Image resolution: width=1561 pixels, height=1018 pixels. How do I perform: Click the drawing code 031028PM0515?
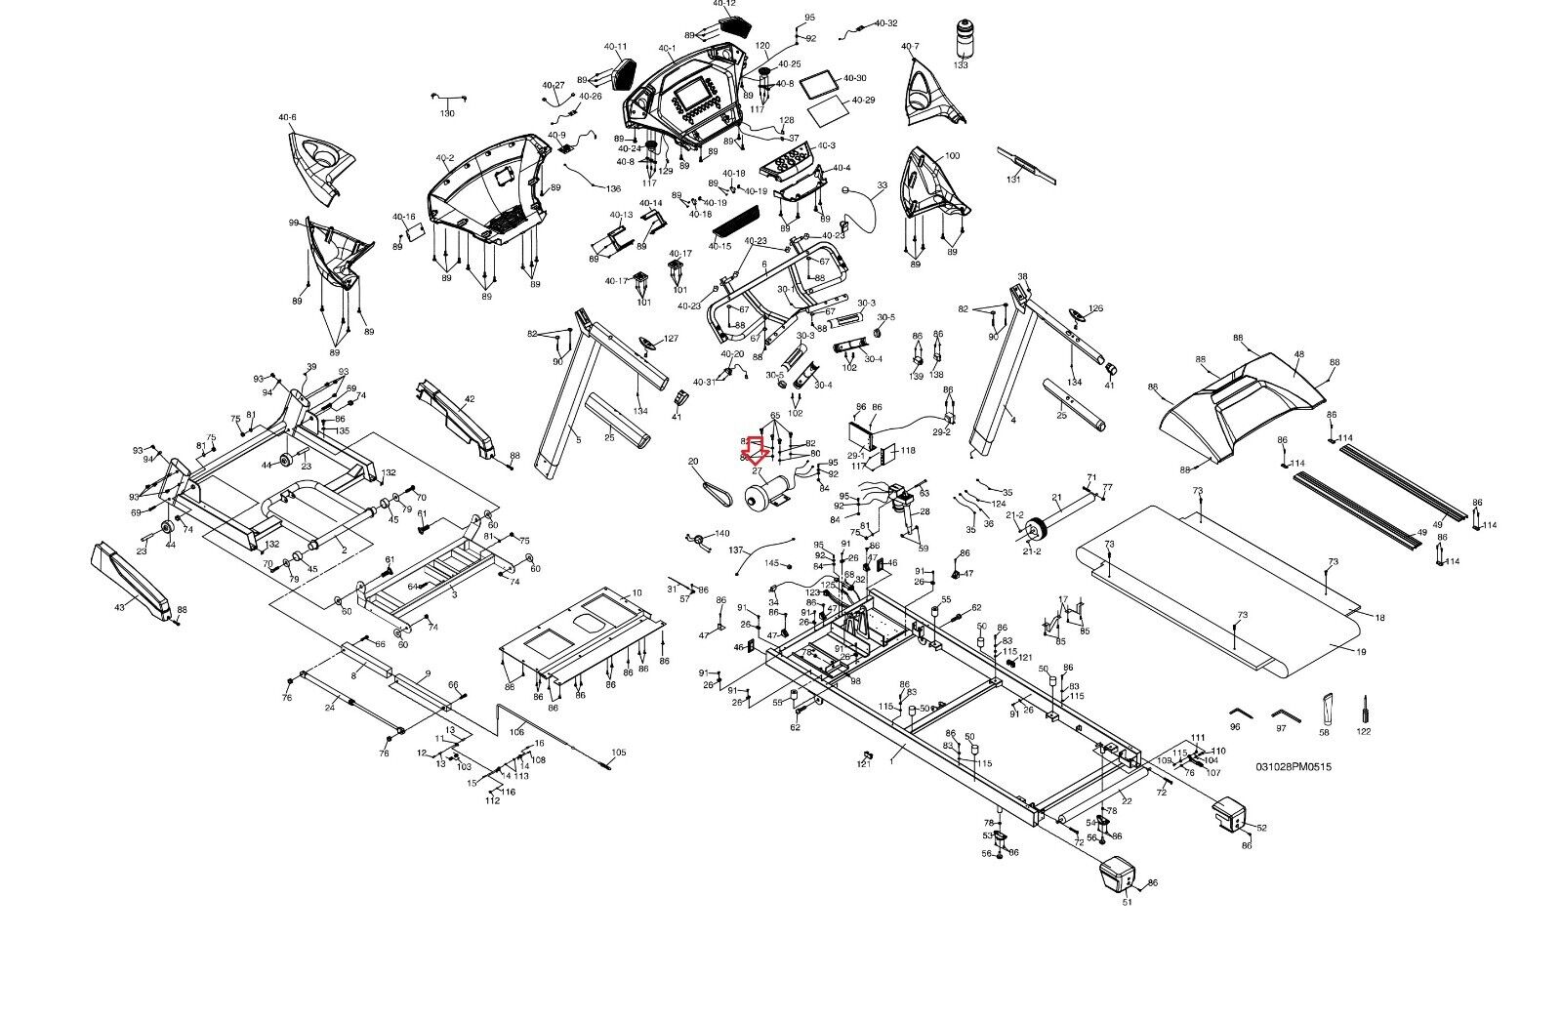coord(1293,766)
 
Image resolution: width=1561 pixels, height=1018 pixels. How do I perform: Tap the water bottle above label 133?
coord(963,37)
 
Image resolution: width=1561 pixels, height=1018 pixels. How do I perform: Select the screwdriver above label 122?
coord(1364,710)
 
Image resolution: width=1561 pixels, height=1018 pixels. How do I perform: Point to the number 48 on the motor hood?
coord(1298,356)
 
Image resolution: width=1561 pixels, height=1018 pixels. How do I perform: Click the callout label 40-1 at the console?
coord(667,48)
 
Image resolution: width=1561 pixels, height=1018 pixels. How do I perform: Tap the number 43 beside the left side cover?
coord(120,608)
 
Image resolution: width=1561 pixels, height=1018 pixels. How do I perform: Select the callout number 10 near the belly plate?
coord(637,592)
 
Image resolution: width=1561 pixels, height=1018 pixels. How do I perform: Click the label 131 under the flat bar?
coord(1013,179)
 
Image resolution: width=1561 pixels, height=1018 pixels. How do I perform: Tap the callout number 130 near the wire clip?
coord(447,113)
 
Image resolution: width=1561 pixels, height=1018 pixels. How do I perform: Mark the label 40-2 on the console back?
coord(445,157)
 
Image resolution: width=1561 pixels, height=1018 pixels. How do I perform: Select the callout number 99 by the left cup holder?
coord(293,224)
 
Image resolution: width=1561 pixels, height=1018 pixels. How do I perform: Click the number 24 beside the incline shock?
coord(330,708)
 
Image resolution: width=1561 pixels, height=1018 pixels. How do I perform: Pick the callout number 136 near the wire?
coord(613,188)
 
